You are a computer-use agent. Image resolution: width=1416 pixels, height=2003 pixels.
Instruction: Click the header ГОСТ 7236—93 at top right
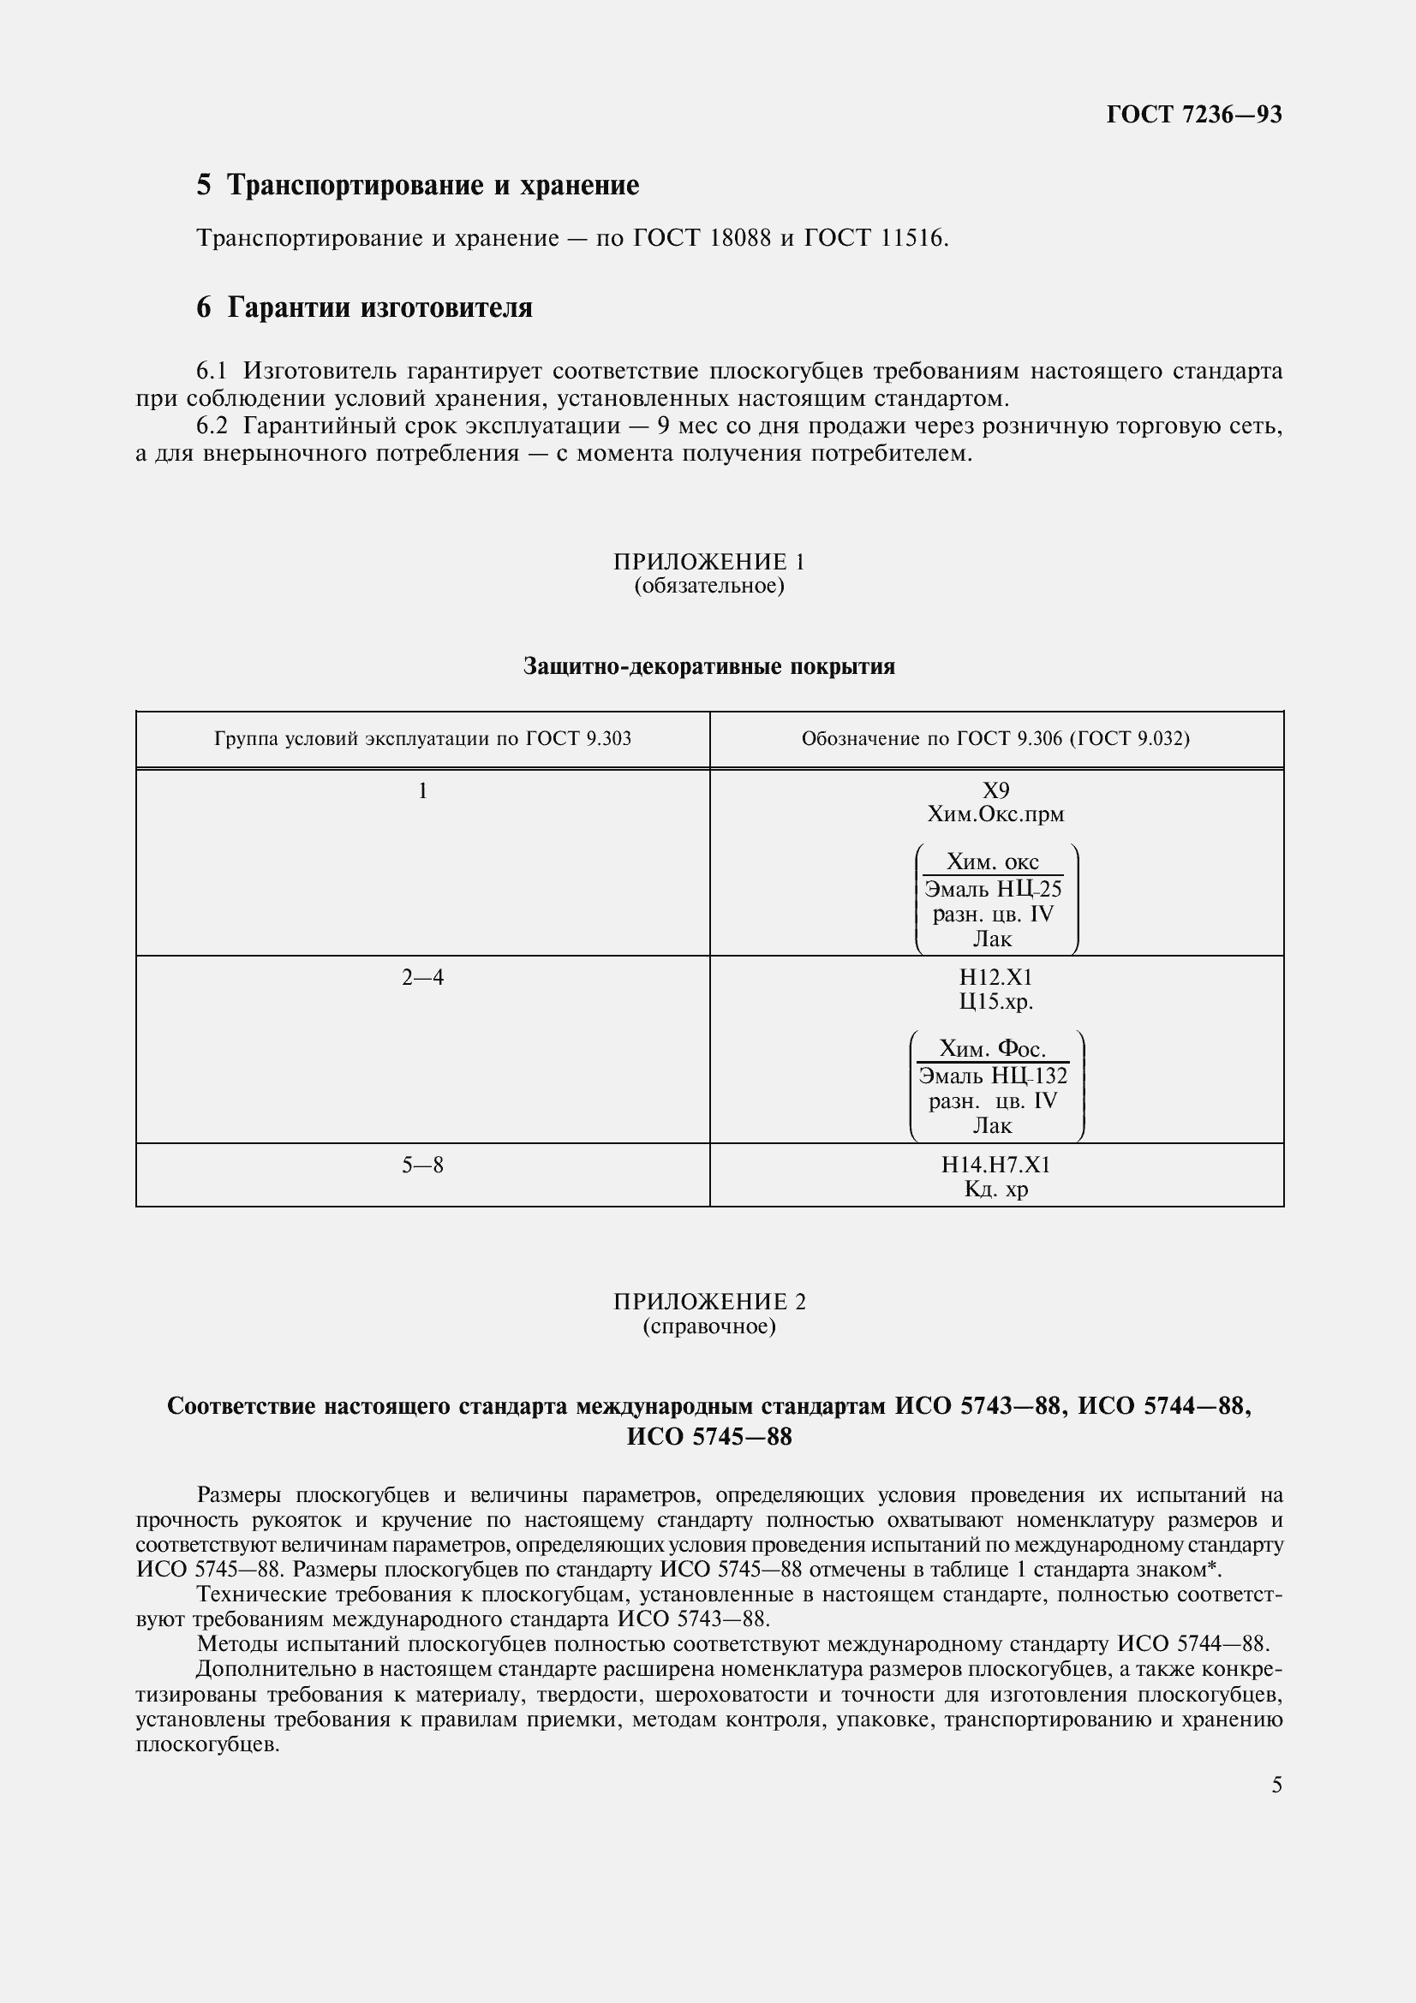coord(1193,114)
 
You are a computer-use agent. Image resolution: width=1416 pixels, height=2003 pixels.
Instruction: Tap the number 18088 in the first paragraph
coord(740,237)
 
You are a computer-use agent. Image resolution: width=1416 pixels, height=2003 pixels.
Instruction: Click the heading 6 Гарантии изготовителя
coord(364,308)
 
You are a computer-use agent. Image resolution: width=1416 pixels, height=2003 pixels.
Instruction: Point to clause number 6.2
coord(211,426)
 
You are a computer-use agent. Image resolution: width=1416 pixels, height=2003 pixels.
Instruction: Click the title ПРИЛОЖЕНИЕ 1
coord(708,561)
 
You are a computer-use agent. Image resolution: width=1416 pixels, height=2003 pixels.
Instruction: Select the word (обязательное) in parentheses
coord(708,586)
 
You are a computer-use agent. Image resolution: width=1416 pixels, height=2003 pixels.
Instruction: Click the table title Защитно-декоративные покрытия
coord(708,666)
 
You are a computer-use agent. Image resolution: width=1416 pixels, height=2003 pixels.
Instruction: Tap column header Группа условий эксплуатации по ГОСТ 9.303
coord(422,739)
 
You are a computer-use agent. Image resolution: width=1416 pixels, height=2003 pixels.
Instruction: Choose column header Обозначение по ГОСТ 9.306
coord(995,739)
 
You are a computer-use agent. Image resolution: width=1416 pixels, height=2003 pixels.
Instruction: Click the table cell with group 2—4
coord(422,978)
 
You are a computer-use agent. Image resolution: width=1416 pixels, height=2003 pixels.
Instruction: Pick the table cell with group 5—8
coord(422,1165)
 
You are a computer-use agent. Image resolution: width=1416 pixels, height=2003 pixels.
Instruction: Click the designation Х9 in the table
coord(995,790)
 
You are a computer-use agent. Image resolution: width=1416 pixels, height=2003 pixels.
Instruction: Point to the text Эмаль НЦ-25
coord(993,890)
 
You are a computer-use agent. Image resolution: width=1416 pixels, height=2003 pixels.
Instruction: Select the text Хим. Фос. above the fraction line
coord(993,1049)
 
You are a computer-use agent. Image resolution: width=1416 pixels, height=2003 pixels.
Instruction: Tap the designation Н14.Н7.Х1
coord(995,1165)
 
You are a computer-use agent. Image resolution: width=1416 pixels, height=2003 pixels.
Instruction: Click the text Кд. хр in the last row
coord(995,1189)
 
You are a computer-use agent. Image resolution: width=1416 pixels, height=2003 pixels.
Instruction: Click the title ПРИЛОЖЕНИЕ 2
coord(708,1302)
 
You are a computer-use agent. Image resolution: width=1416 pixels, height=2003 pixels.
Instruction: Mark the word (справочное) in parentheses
coord(708,1326)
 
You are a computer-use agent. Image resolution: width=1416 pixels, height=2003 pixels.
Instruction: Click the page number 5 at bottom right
coord(1276,1785)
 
